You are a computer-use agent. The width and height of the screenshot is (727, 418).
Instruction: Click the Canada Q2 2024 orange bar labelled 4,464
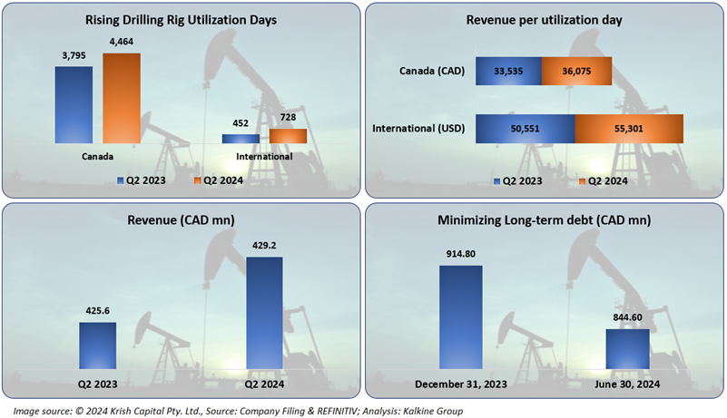click(122, 98)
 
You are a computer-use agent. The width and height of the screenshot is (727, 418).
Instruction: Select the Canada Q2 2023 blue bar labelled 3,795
click(74, 104)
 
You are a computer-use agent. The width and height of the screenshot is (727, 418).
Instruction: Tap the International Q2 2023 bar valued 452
click(241, 139)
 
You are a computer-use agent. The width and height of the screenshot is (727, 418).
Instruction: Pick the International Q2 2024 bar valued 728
click(288, 136)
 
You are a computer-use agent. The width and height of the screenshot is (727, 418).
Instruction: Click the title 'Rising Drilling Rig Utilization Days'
click(181, 19)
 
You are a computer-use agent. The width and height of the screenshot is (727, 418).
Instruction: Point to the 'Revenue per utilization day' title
click(544, 19)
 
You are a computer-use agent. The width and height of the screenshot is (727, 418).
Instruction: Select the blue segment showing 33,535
click(508, 73)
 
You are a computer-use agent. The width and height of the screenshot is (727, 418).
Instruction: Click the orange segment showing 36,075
click(576, 73)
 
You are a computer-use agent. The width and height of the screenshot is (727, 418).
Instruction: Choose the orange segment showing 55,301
click(629, 129)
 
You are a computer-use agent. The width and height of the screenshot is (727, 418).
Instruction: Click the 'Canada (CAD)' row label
click(432, 73)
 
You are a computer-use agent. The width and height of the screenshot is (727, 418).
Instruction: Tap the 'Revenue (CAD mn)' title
click(181, 219)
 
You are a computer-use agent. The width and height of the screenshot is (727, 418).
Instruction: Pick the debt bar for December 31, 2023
click(461, 316)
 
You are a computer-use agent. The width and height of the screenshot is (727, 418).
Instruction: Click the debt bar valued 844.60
click(628, 348)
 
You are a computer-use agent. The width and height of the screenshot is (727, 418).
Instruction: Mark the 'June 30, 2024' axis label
click(627, 384)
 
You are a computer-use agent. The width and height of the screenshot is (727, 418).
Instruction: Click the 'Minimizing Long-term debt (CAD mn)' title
click(544, 219)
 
